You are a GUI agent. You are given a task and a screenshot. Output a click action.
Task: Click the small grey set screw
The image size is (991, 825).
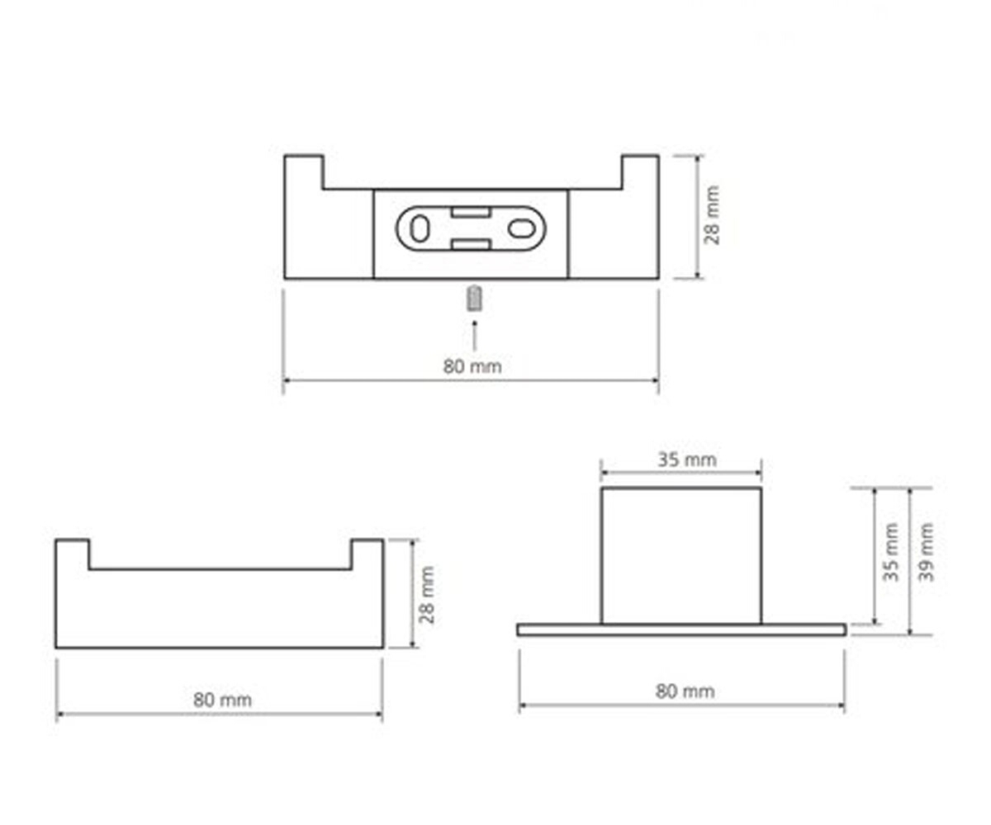pyautogui.click(x=474, y=299)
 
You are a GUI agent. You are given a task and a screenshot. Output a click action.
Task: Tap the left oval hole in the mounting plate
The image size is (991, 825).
pyautogui.click(x=419, y=229)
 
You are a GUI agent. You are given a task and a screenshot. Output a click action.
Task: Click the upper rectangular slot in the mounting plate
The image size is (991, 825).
pyautogui.click(x=471, y=212)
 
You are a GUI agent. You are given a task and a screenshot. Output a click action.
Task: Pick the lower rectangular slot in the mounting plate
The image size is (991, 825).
pyautogui.click(x=471, y=245)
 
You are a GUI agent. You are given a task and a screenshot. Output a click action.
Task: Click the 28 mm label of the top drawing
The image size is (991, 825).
pyautogui.click(x=712, y=215)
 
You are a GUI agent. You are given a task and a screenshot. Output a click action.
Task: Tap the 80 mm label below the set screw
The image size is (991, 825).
pyautogui.click(x=472, y=366)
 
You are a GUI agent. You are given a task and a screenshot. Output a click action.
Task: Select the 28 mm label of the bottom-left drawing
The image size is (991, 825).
pyautogui.click(x=427, y=595)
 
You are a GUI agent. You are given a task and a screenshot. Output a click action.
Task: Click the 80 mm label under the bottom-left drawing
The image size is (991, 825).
pyautogui.click(x=222, y=700)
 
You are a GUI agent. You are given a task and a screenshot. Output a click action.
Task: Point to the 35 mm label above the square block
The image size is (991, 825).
pyautogui.click(x=687, y=460)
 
